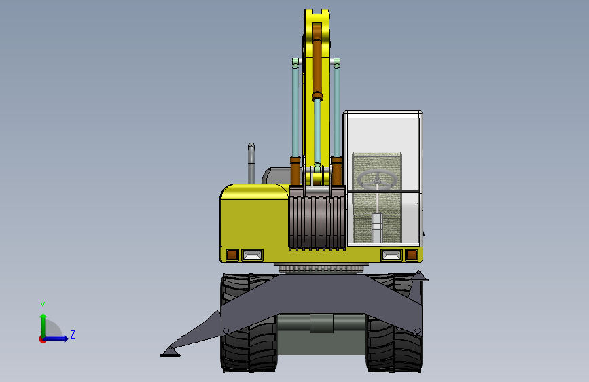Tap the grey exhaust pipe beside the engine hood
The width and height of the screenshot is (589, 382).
[x=251, y=163]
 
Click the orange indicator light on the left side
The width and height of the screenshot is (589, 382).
[x=232, y=255]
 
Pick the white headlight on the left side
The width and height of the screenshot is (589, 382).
[x=253, y=255]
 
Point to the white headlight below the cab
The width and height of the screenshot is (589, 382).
[x=391, y=255]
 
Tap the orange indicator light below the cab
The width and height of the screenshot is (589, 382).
[x=412, y=255]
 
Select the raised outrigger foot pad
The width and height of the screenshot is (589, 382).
[x=419, y=276]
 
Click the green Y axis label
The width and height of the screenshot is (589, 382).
[x=42, y=305]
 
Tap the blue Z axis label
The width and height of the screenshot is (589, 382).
[x=72, y=335]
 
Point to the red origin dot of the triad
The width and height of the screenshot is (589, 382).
[x=42, y=338]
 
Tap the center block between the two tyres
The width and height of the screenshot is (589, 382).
[x=321, y=324]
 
